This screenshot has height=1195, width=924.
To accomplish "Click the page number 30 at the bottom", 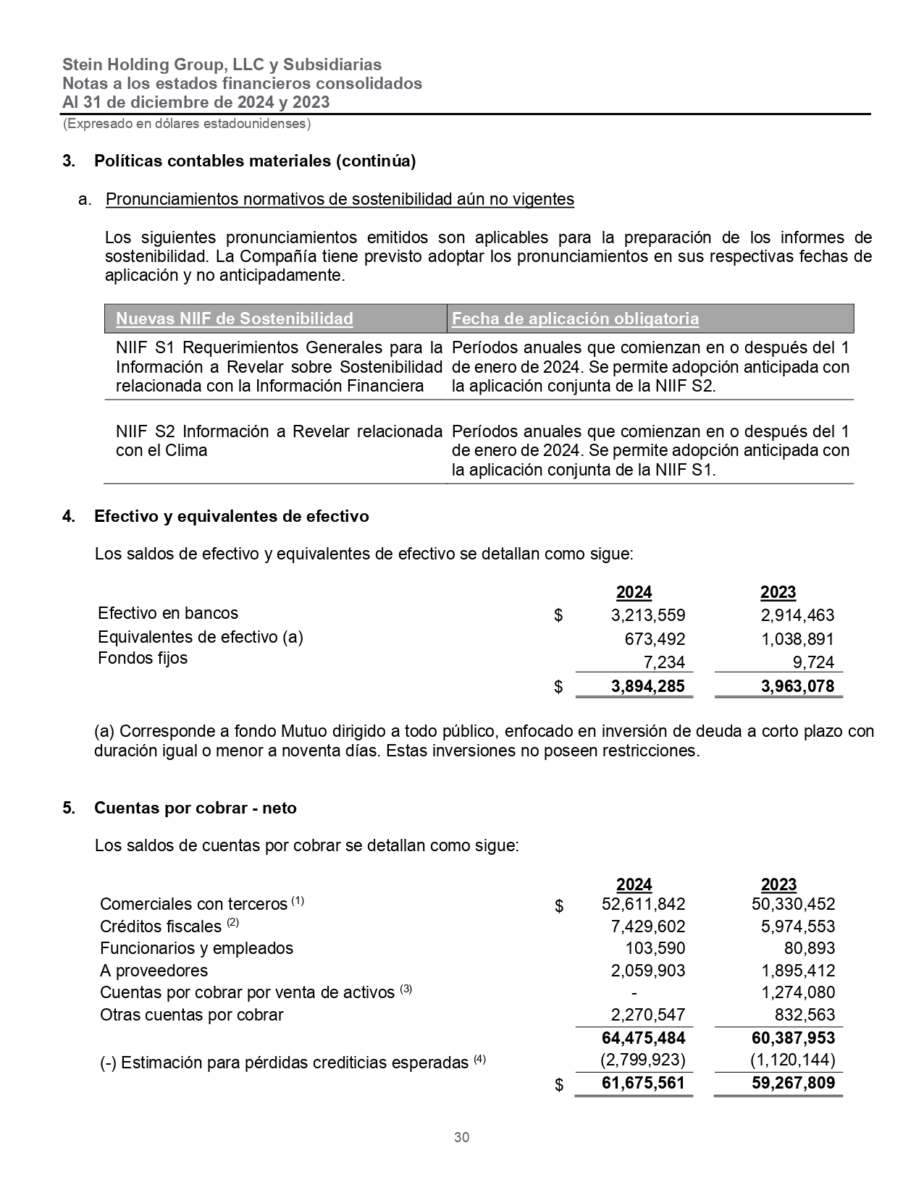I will [461, 1137].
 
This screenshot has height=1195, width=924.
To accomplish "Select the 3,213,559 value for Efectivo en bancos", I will [647, 616].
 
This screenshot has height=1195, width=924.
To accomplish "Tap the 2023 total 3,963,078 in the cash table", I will [797, 686].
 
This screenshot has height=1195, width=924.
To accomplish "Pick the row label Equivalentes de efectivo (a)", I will [201, 637].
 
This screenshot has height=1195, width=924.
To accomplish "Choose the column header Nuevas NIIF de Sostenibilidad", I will [235, 318].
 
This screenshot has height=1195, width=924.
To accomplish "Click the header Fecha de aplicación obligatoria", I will [575, 318].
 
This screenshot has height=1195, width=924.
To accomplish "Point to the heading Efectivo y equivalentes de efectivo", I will [231, 516].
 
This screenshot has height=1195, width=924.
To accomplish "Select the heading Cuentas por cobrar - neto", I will [195, 808].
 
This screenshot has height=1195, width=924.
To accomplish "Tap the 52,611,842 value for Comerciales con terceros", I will [643, 904].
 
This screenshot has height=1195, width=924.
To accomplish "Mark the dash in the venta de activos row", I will [634, 992].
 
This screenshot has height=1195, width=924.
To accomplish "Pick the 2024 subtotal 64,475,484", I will [643, 1038].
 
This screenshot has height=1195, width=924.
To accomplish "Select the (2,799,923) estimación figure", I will [642, 1060].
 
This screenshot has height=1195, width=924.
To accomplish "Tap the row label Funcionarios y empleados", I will [196, 948].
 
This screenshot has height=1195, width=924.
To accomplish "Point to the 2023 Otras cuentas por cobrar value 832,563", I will [805, 1015].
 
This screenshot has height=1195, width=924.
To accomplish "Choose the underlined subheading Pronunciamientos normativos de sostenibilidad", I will [340, 200].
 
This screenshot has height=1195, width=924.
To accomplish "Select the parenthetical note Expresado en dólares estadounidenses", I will [187, 124].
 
